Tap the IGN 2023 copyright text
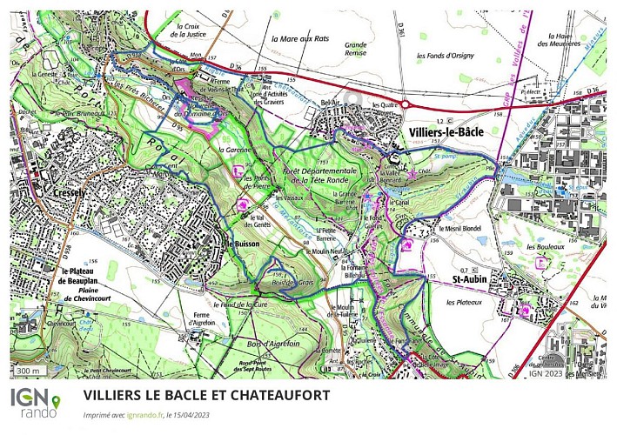tap(548, 373)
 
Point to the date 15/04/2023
tap(194, 415)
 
